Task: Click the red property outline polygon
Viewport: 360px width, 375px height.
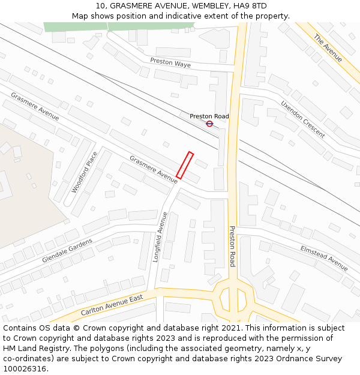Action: click(185, 165)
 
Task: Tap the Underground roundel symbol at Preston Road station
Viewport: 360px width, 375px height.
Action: click(209, 124)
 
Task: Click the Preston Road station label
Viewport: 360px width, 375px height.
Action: click(209, 116)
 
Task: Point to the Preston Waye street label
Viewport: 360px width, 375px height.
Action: click(170, 62)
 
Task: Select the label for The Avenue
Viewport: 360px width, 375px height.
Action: click(328, 48)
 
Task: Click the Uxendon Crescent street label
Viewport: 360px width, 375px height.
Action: click(303, 119)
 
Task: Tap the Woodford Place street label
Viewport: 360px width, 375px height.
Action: click(84, 172)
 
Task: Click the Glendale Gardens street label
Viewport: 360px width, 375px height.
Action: click(67, 251)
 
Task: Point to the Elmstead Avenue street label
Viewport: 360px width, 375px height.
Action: click(324, 257)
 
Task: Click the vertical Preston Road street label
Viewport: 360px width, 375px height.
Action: click(232, 246)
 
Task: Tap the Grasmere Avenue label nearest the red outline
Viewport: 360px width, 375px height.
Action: click(154, 169)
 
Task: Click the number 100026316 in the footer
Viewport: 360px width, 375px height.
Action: click(25, 368)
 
